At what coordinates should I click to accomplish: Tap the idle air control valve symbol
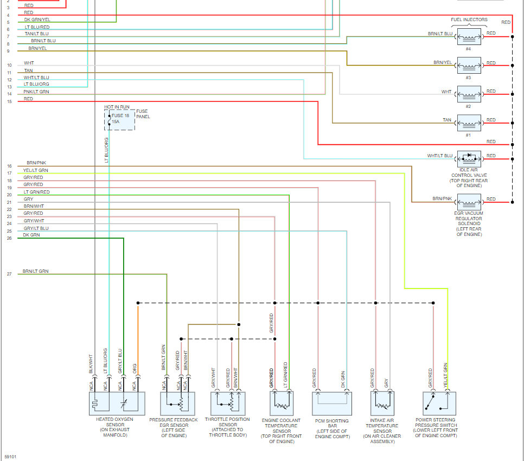point(469,159)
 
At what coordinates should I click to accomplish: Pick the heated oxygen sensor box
point(117,404)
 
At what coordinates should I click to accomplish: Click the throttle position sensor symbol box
point(228,404)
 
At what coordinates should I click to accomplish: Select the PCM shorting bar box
point(331,404)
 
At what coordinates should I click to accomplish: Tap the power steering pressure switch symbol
point(439,404)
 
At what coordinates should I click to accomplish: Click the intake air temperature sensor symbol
point(386,404)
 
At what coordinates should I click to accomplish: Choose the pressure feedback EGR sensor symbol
point(177,404)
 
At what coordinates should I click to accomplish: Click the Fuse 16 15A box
point(119,120)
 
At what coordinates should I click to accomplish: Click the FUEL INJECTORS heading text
point(469,20)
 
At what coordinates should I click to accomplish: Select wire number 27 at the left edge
point(9,274)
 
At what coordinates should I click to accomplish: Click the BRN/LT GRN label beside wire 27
point(35,271)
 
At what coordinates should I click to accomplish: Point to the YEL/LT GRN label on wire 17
point(36,170)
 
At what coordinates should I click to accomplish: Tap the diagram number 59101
point(10,457)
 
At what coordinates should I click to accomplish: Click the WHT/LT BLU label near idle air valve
point(439,156)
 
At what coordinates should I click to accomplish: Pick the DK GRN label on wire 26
point(31,235)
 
